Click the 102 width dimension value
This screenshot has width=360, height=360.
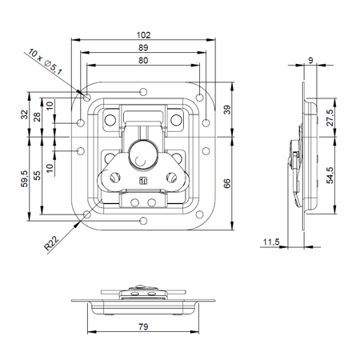click(x=143, y=35)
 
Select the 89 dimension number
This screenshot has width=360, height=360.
click(x=143, y=48)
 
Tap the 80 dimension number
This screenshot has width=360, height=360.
click(x=143, y=61)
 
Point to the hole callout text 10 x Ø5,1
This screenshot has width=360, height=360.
click(x=46, y=62)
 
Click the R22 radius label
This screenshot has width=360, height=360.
click(x=51, y=243)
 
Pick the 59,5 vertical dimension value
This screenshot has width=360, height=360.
click(x=25, y=178)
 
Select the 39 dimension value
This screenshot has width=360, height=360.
click(x=227, y=110)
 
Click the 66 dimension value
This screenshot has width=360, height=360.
click(x=227, y=183)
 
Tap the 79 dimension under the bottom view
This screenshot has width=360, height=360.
click(x=143, y=326)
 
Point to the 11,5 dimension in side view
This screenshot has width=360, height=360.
click(x=271, y=242)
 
